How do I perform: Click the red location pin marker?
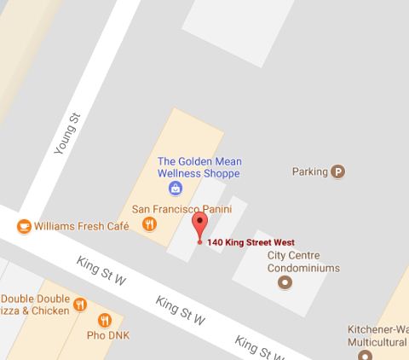(x=199, y=226)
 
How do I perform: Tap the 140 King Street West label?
(x=256, y=242)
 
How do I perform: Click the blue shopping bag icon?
(x=175, y=187)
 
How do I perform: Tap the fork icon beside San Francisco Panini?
(x=150, y=224)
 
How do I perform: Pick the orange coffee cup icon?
(x=23, y=226)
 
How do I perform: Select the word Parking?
(x=309, y=171)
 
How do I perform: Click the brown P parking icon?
(x=338, y=171)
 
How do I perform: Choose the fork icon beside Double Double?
(x=80, y=305)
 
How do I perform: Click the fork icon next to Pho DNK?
(x=105, y=321)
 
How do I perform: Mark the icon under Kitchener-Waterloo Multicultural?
(x=366, y=355)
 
